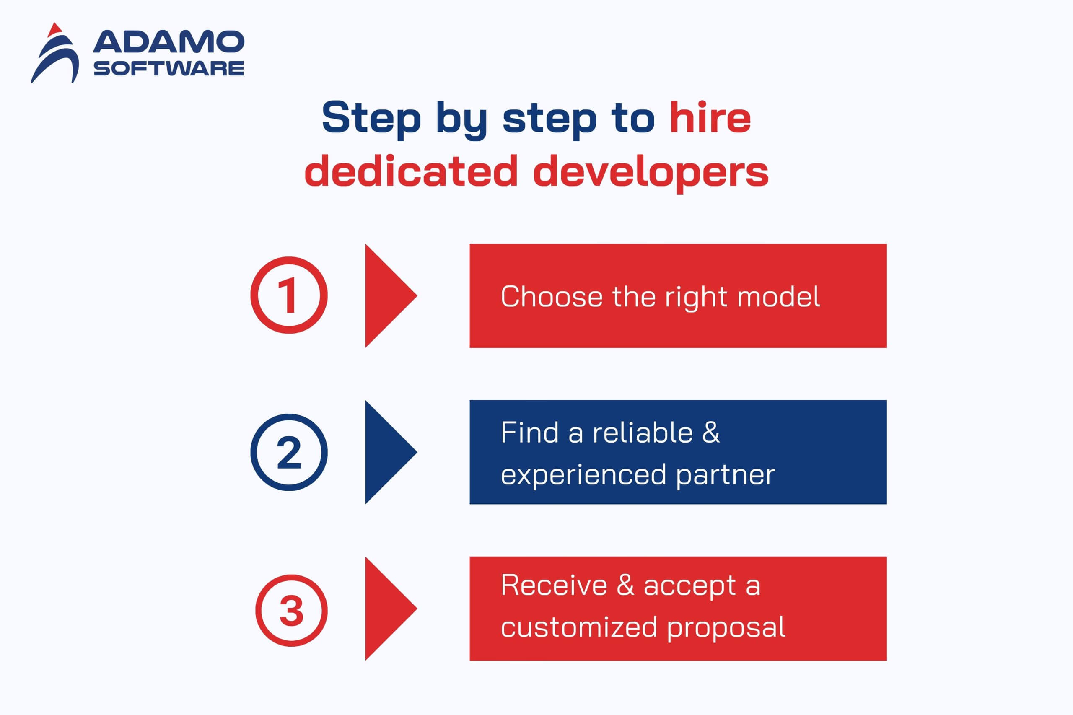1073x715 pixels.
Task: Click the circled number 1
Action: point(289,295)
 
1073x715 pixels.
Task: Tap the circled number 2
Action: point(289,452)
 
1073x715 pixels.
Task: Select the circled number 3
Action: point(291,610)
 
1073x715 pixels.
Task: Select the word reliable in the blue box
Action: point(643,432)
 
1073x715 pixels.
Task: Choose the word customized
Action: point(579,627)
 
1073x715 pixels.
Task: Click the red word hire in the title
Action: point(710,117)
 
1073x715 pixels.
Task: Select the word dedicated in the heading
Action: point(411,170)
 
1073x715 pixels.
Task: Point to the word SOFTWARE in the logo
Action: point(169,68)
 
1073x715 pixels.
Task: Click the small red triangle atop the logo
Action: point(55,30)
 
